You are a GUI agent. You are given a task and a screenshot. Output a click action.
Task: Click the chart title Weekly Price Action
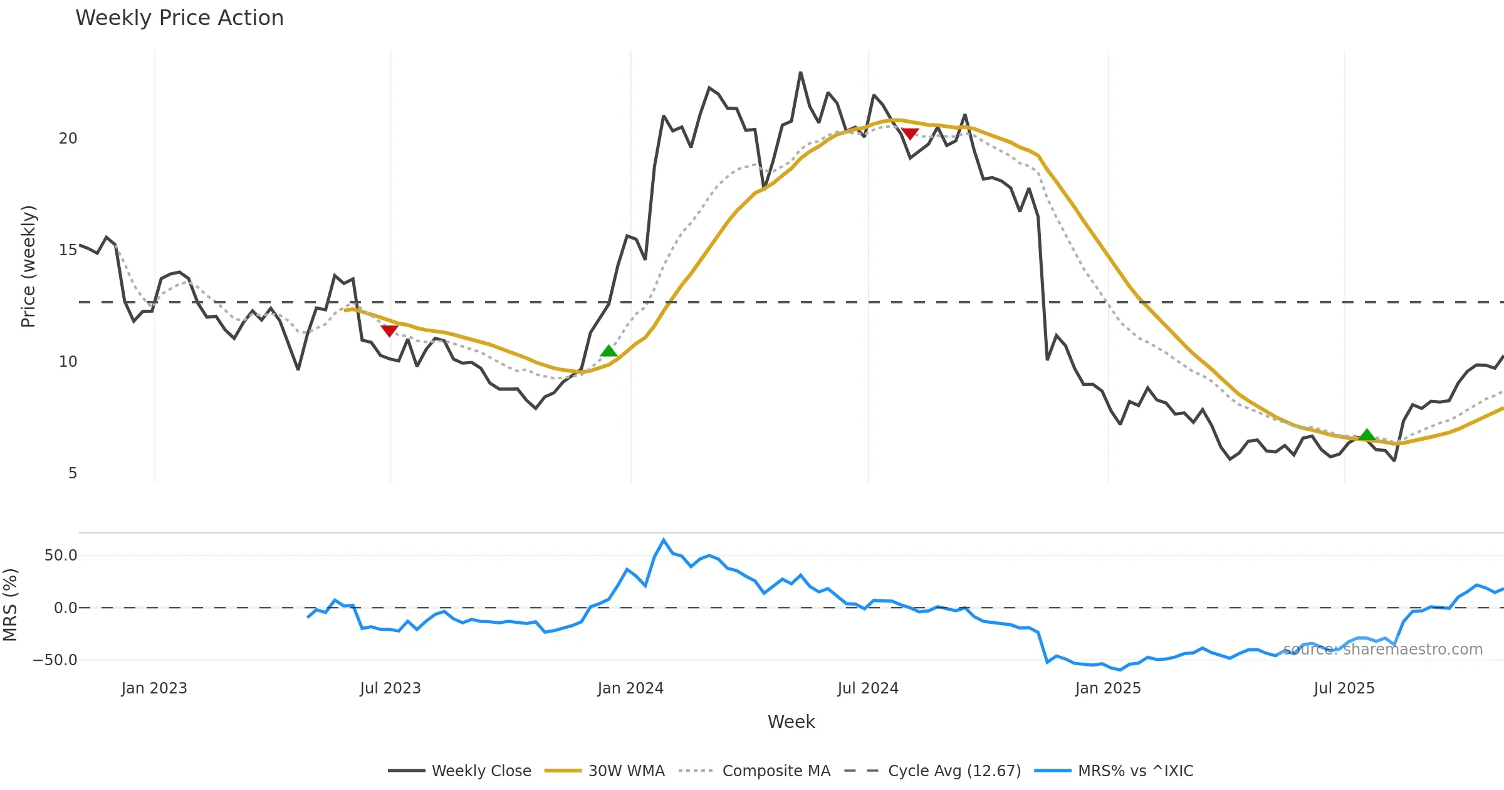point(179,18)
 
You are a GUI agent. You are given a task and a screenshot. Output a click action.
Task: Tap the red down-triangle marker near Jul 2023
point(389,330)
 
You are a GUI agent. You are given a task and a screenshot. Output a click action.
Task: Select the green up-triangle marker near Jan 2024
point(608,350)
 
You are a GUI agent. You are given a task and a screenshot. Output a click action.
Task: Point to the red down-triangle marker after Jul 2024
point(910,134)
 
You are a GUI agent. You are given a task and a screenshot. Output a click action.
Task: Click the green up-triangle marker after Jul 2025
point(1367,434)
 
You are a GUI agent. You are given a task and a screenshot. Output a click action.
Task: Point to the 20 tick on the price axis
point(68,139)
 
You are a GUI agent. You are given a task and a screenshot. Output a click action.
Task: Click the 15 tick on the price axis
point(68,250)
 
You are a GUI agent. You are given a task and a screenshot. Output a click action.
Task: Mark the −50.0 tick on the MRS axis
point(55,660)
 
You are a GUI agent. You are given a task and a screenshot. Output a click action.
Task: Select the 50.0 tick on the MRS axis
point(61,556)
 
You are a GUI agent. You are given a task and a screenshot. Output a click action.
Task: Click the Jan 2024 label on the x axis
point(630,688)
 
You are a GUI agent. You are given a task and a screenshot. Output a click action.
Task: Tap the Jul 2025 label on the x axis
point(1344,688)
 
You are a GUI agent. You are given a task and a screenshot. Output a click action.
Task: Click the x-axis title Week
point(791,722)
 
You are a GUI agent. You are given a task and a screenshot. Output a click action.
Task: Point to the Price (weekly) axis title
point(29,266)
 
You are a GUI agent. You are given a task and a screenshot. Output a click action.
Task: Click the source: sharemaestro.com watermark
point(1382,650)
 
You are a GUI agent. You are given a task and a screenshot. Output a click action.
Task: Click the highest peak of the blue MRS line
point(664,540)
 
